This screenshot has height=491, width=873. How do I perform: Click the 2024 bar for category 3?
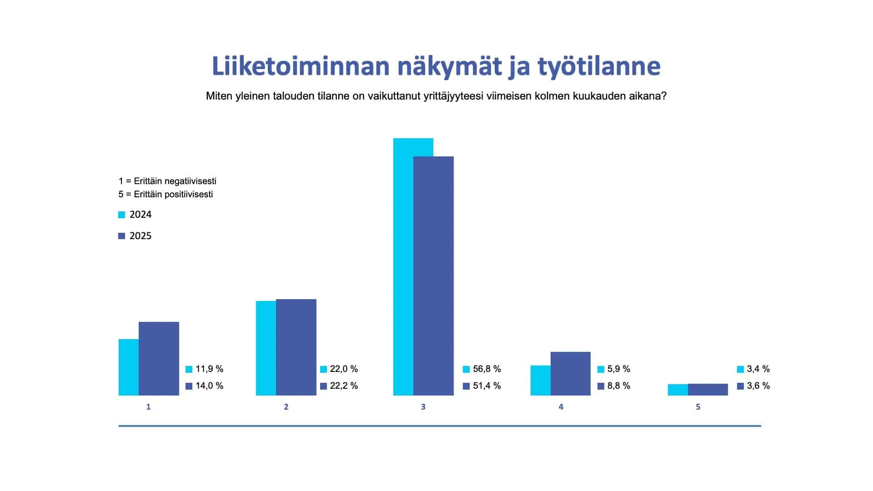click(x=403, y=266)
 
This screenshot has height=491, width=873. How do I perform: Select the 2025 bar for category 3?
click(x=433, y=276)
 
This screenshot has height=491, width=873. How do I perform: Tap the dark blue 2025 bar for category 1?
click(x=159, y=359)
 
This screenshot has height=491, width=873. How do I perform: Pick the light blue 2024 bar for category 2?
click(x=266, y=348)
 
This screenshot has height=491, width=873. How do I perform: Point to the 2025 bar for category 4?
click(x=571, y=374)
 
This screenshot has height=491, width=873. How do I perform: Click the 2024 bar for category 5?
click(x=678, y=390)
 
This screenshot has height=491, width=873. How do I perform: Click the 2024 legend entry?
click(x=135, y=215)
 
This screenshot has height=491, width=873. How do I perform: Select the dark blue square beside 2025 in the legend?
click(x=121, y=236)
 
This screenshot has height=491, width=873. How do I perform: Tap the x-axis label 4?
click(x=561, y=407)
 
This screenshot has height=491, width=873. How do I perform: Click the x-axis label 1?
click(x=148, y=407)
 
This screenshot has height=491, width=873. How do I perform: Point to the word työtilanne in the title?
click(x=599, y=67)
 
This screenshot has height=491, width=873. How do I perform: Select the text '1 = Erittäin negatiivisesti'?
click(x=167, y=181)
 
